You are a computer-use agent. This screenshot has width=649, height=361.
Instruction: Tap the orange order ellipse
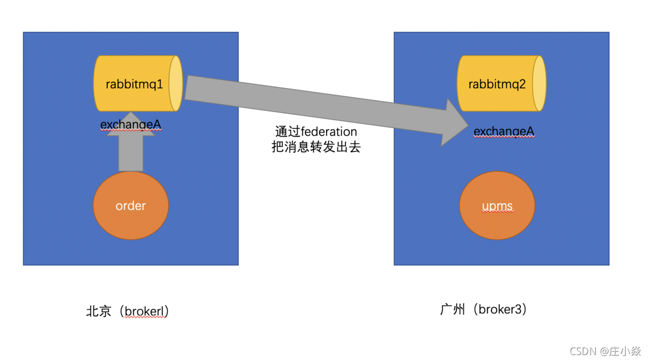(x=131, y=206)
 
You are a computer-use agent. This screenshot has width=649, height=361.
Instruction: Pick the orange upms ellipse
(x=497, y=206)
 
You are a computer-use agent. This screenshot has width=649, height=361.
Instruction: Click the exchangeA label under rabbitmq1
(x=131, y=125)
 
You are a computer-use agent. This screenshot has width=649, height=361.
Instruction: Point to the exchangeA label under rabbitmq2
(x=504, y=132)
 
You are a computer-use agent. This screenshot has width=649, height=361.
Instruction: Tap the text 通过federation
(x=316, y=132)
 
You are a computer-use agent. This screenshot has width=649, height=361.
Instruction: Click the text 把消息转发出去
(x=316, y=147)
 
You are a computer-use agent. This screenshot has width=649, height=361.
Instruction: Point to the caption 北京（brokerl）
(x=128, y=311)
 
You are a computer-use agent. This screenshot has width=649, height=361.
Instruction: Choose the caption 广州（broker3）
(x=484, y=310)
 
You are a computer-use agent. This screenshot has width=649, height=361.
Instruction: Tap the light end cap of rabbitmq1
(x=175, y=83)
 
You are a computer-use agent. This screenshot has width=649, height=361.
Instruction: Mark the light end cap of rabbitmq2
(x=539, y=83)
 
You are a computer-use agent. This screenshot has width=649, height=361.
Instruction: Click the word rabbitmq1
(x=135, y=84)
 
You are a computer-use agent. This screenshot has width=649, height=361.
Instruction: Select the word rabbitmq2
(x=497, y=84)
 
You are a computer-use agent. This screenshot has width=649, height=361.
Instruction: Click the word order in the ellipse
(x=131, y=206)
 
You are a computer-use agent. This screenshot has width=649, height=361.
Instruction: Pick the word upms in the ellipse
(x=497, y=206)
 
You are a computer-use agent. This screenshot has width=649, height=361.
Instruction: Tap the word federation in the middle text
(x=328, y=132)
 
